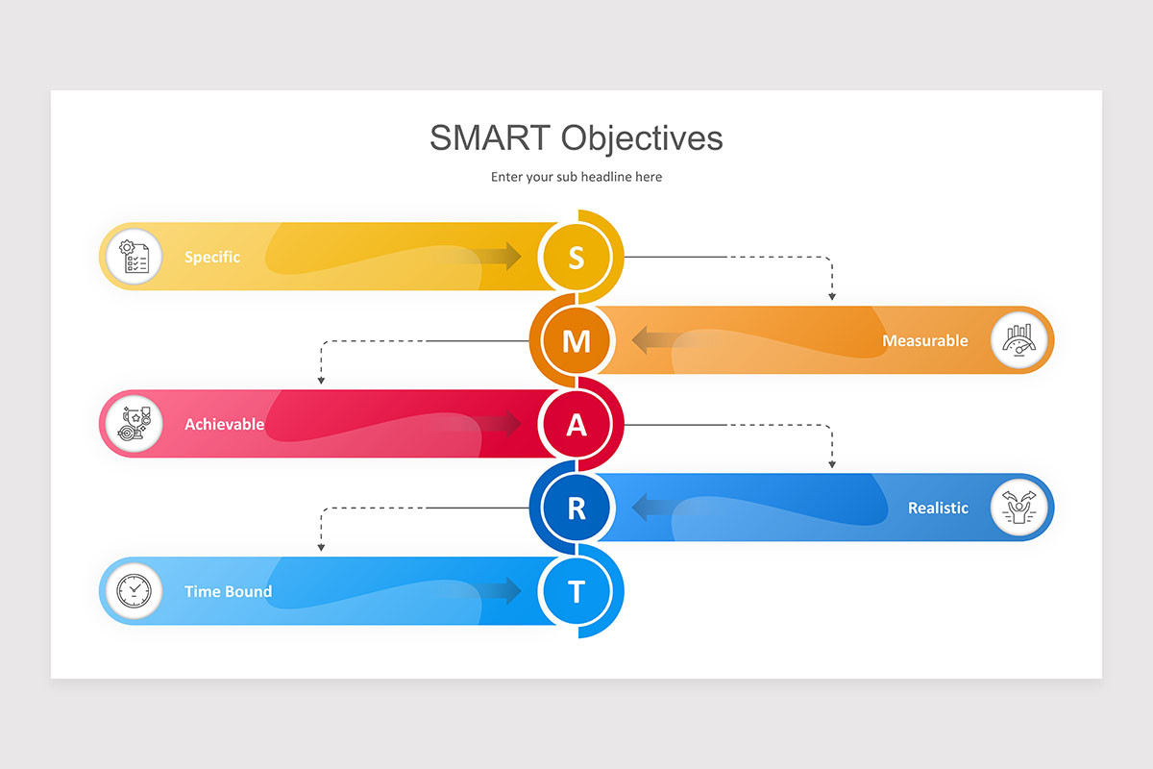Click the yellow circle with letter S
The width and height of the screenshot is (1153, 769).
(576, 257)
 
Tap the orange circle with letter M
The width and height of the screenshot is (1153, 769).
(576, 340)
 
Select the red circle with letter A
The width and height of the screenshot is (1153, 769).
(576, 424)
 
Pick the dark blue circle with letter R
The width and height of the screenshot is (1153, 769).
(576, 508)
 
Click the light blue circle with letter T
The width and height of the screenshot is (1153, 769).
(576, 591)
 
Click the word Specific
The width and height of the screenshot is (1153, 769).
(212, 257)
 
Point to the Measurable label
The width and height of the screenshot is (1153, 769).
(925, 340)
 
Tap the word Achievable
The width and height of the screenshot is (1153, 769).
(224, 424)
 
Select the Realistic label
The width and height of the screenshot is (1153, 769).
(938, 508)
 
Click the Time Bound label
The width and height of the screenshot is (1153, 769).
(228, 591)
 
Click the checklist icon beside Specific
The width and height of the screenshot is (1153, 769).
(134, 257)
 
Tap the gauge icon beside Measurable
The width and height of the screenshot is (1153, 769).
(1018, 340)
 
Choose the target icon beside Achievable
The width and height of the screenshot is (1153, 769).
(134, 424)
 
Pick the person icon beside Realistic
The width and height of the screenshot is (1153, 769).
(1018, 508)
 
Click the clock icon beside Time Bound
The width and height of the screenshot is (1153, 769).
(134, 591)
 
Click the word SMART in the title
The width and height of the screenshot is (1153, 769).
(491, 137)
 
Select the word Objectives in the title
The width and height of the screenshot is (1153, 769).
(642, 137)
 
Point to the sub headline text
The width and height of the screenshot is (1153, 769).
(576, 177)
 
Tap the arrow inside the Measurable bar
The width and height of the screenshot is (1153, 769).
(653, 340)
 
